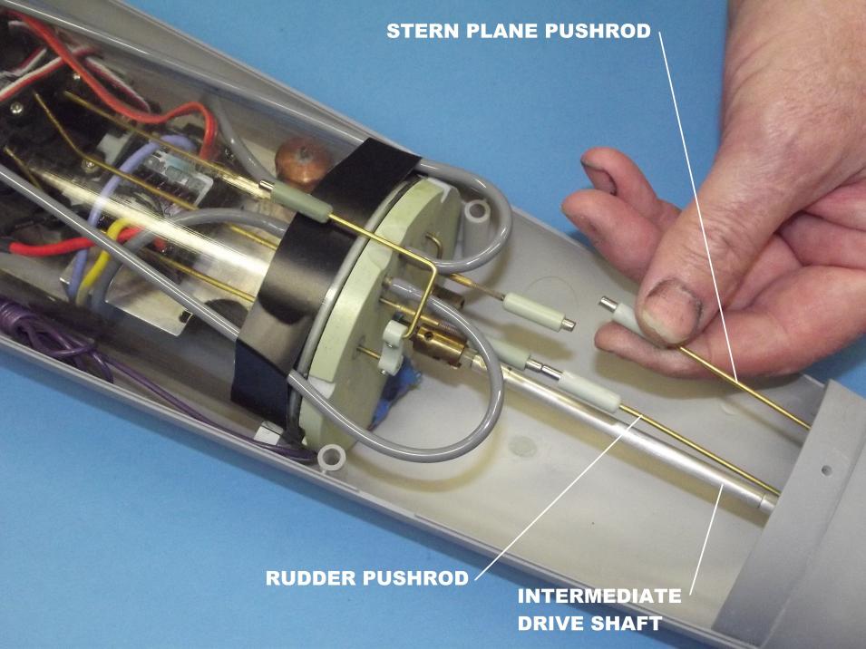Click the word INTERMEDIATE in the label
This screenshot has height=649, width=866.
599,596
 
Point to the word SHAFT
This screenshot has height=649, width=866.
627,623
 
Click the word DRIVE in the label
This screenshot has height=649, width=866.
550,623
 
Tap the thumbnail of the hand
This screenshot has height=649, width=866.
670,312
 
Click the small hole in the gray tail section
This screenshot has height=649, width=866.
826,470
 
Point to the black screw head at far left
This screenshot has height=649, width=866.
16,108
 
